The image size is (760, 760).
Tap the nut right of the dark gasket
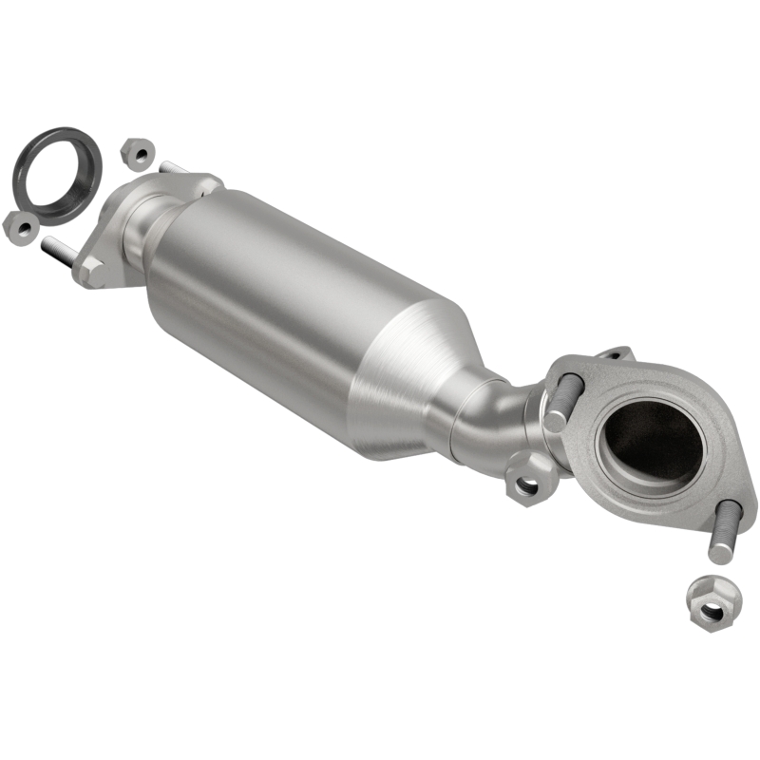(x=138, y=152)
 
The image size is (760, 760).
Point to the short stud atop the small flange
(x=172, y=168)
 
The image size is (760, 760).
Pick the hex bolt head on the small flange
(x=91, y=271)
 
